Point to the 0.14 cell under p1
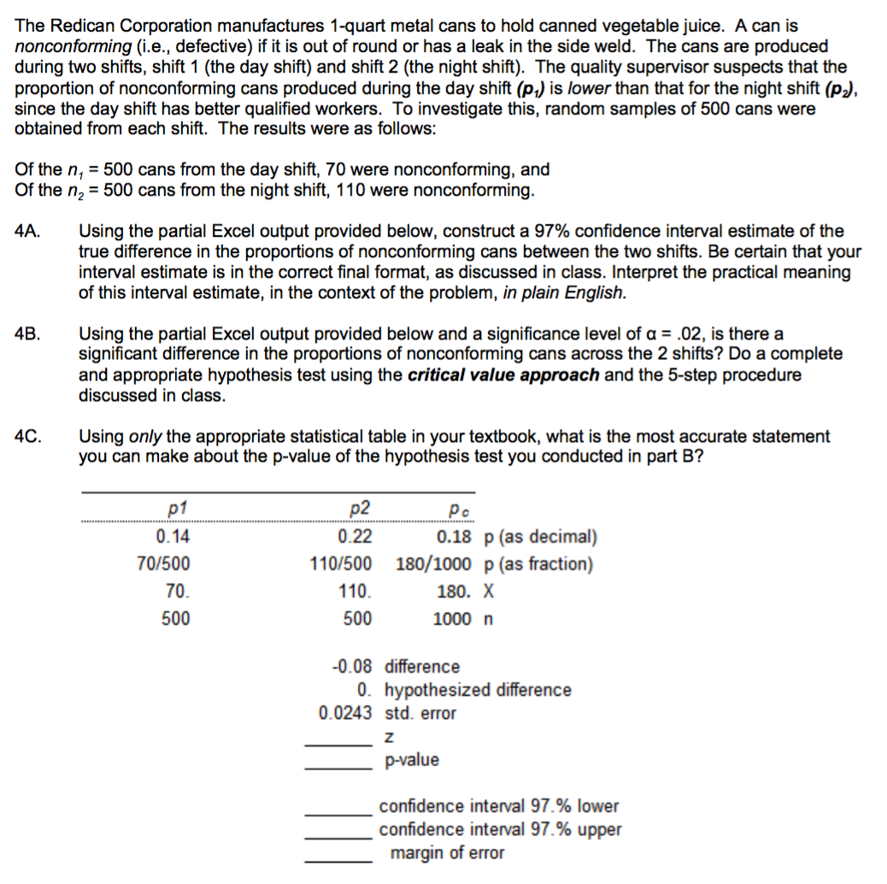point(173,537)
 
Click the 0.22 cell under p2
point(355,537)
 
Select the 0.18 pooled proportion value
point(454,537)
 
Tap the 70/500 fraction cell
point(163,564)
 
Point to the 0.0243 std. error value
point(345,713)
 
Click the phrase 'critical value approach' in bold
point(503,374)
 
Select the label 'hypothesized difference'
point(478,690)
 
